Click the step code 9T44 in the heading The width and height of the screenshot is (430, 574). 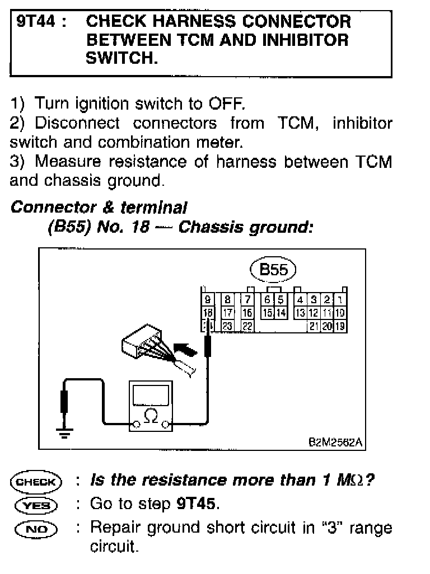click(34, 22)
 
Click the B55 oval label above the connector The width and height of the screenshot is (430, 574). click(273, 270)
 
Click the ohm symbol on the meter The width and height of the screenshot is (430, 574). click(151, 416)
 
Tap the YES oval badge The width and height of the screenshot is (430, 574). click(36, 505)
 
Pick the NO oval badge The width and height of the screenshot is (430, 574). click(36, 528)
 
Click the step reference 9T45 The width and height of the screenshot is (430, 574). click(196, 504)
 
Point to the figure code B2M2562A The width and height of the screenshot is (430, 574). click(335, 443)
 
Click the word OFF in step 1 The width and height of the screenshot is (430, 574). click(226, 104)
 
